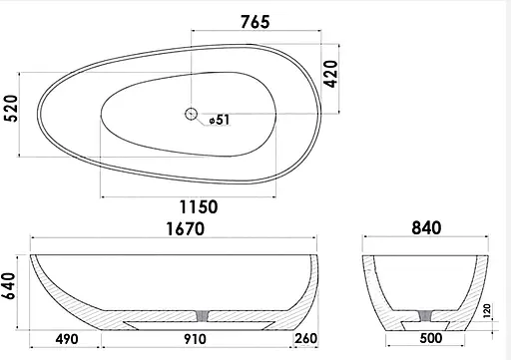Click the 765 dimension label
[255, 22]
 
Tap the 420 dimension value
[331, 74]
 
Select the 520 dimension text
[11, 109]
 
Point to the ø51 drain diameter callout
[220, 120]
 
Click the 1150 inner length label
[199, 206]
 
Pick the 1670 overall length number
[185, 229]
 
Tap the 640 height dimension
[9, 286]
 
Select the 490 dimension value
[67, 339]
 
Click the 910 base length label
[195, 339]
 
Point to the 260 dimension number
[305, 338]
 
